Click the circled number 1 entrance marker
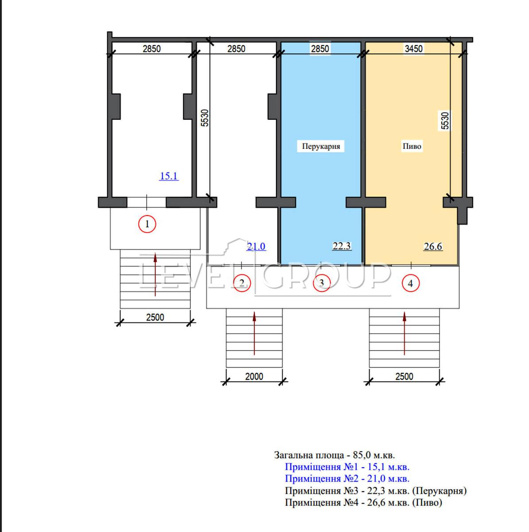(147, 224)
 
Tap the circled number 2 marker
(242, 283)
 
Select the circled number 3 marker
(322, 283)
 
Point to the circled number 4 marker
(410, 283)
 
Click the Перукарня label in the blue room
(321, 146)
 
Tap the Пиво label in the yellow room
(412, 146)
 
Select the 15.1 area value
(169, 176)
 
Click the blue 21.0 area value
(257, 246)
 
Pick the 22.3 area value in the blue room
(341, 246)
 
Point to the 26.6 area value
(433, 246)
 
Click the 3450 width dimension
(413, 49)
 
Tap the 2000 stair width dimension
(254, 376)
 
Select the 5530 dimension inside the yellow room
(445, 121)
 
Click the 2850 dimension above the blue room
(320, 49)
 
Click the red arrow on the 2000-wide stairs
(254, 333)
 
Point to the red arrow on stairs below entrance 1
(155, 274)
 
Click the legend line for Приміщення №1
(347, 466)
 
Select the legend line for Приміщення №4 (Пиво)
(363, 502)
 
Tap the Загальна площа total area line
(335, 455)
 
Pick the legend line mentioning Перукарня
(376, 491)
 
